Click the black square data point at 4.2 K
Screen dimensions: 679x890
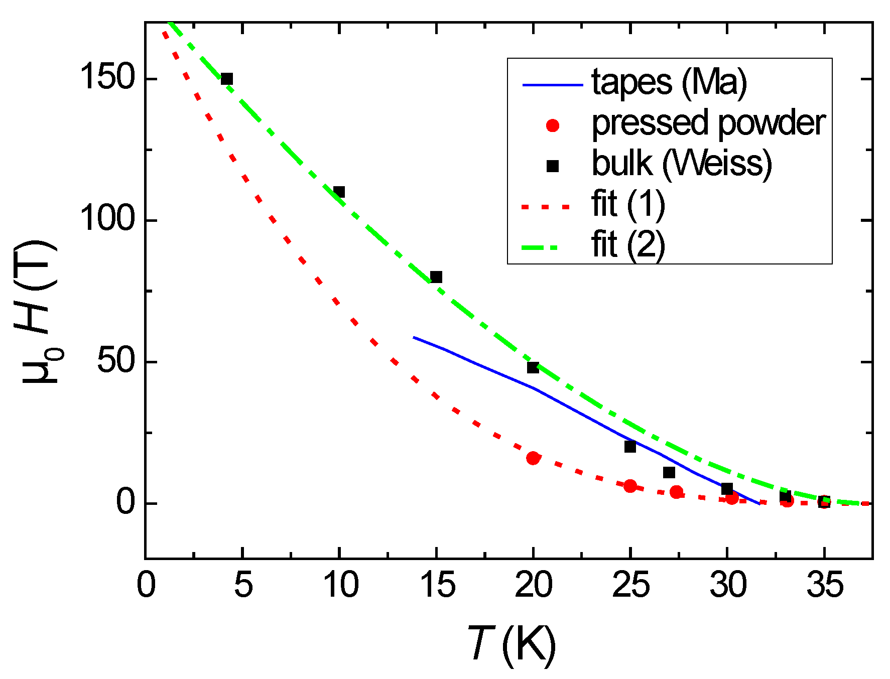click(x=227, y=79)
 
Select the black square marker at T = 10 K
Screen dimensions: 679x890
click(x=339, y=192)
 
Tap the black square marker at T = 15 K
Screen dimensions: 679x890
click(x=436, y=277)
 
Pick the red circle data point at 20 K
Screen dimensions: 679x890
click(x=533, y=458)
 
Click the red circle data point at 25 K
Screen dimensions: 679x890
click(x=630, y=486)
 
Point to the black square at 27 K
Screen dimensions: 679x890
click(x=669, y=472)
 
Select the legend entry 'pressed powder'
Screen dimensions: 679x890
click(x=708, y=123)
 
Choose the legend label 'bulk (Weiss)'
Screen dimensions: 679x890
click(x=681, y=164)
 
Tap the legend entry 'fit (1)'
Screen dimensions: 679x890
click(x=628, y=205)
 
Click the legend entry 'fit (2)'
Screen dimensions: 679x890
click(x=628, y=246)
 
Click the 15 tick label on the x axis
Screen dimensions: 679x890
click(x=437, y=585)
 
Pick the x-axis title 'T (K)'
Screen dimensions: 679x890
click(x=512, y=644)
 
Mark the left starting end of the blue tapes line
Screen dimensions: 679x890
click(x=414, y=337)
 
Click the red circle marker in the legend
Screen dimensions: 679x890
click(x=553, y=125)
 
